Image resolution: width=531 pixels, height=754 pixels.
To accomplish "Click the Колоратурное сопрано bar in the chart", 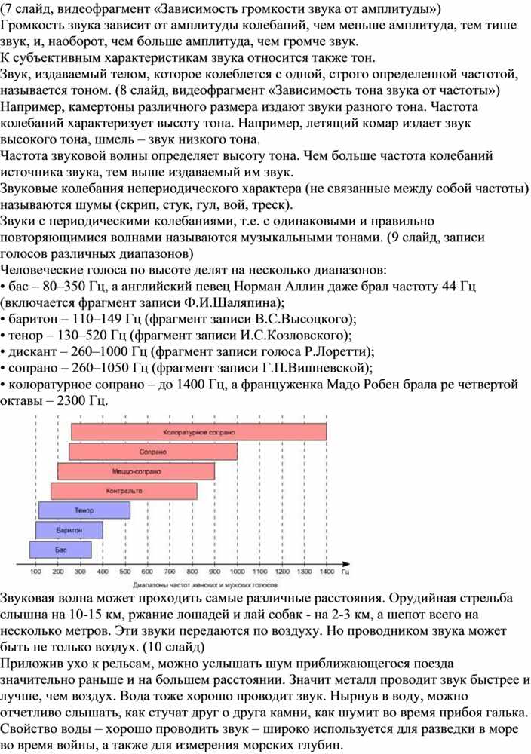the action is pyautogui.click(x=199, y=432).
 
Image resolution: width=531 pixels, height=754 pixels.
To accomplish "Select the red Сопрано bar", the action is pyautogui.click(x=153, y=452).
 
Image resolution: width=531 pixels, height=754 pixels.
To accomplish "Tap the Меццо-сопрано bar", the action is pyautogui.click(x=136, y=471).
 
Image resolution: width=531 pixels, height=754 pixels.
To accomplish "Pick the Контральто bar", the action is pyautogui.click(x=124, y=491).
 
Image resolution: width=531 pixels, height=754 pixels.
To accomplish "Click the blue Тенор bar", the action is pyautogui.click(x=84, y=510).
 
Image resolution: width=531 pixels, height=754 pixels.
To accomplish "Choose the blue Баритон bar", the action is pyautogui.click(x=69, y=530).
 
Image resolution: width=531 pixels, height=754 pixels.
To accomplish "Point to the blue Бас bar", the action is pyautogui.click(x=60, y=550).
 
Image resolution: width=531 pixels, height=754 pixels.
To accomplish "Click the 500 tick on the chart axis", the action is pyautogui.click(x=125, y=572).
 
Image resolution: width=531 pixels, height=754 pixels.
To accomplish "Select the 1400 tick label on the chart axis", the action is pyautogui.click(x=327, y=572).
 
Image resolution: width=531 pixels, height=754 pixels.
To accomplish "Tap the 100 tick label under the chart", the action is pyautogui.click(x=35, y=572).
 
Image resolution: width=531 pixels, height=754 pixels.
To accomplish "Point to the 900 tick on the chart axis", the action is pyautogui.click(x=214, y=572).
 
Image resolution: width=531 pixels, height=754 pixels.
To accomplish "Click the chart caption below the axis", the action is pyautogui.click(x=205, y=585).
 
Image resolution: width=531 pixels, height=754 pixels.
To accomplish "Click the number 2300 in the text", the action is pyautogui.click(x=71, y=400).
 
